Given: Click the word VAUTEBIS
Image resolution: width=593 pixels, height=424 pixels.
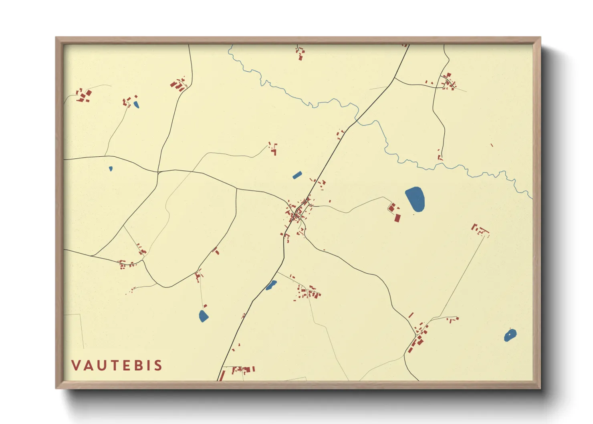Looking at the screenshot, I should [x=117, y=365].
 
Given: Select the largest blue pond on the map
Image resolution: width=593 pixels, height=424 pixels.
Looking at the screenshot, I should [x=415, y=199].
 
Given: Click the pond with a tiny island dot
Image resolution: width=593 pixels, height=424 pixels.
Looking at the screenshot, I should [x=510, y=335].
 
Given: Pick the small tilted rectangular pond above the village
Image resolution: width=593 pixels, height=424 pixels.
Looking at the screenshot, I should [x=297, y=175].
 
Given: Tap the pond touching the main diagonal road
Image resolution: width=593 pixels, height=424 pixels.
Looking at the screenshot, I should [x=271, y=285].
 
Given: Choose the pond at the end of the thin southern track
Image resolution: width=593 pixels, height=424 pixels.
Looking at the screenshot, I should [x=204, y=316].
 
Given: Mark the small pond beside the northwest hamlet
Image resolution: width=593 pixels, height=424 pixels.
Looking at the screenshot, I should [x=136, y=105].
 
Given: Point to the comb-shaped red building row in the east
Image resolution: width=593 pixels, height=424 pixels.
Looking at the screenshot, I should [x=480, y=230].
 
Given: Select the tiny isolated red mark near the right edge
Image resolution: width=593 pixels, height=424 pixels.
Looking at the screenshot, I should [x=492, y=145].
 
